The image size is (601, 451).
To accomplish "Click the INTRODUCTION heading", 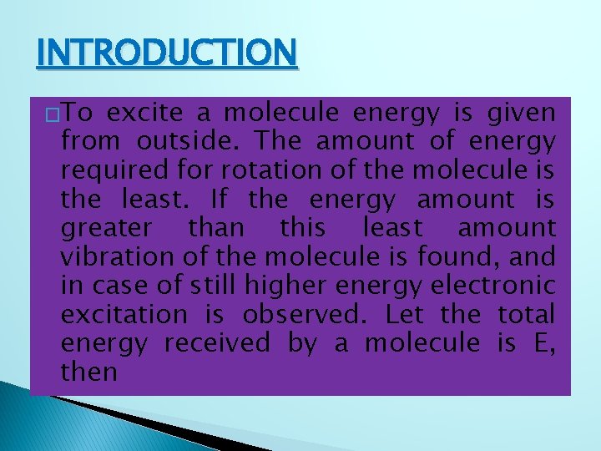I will (166, 54).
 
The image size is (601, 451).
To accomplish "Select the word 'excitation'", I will (124, 314).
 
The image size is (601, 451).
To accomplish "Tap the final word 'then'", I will (88, 371).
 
